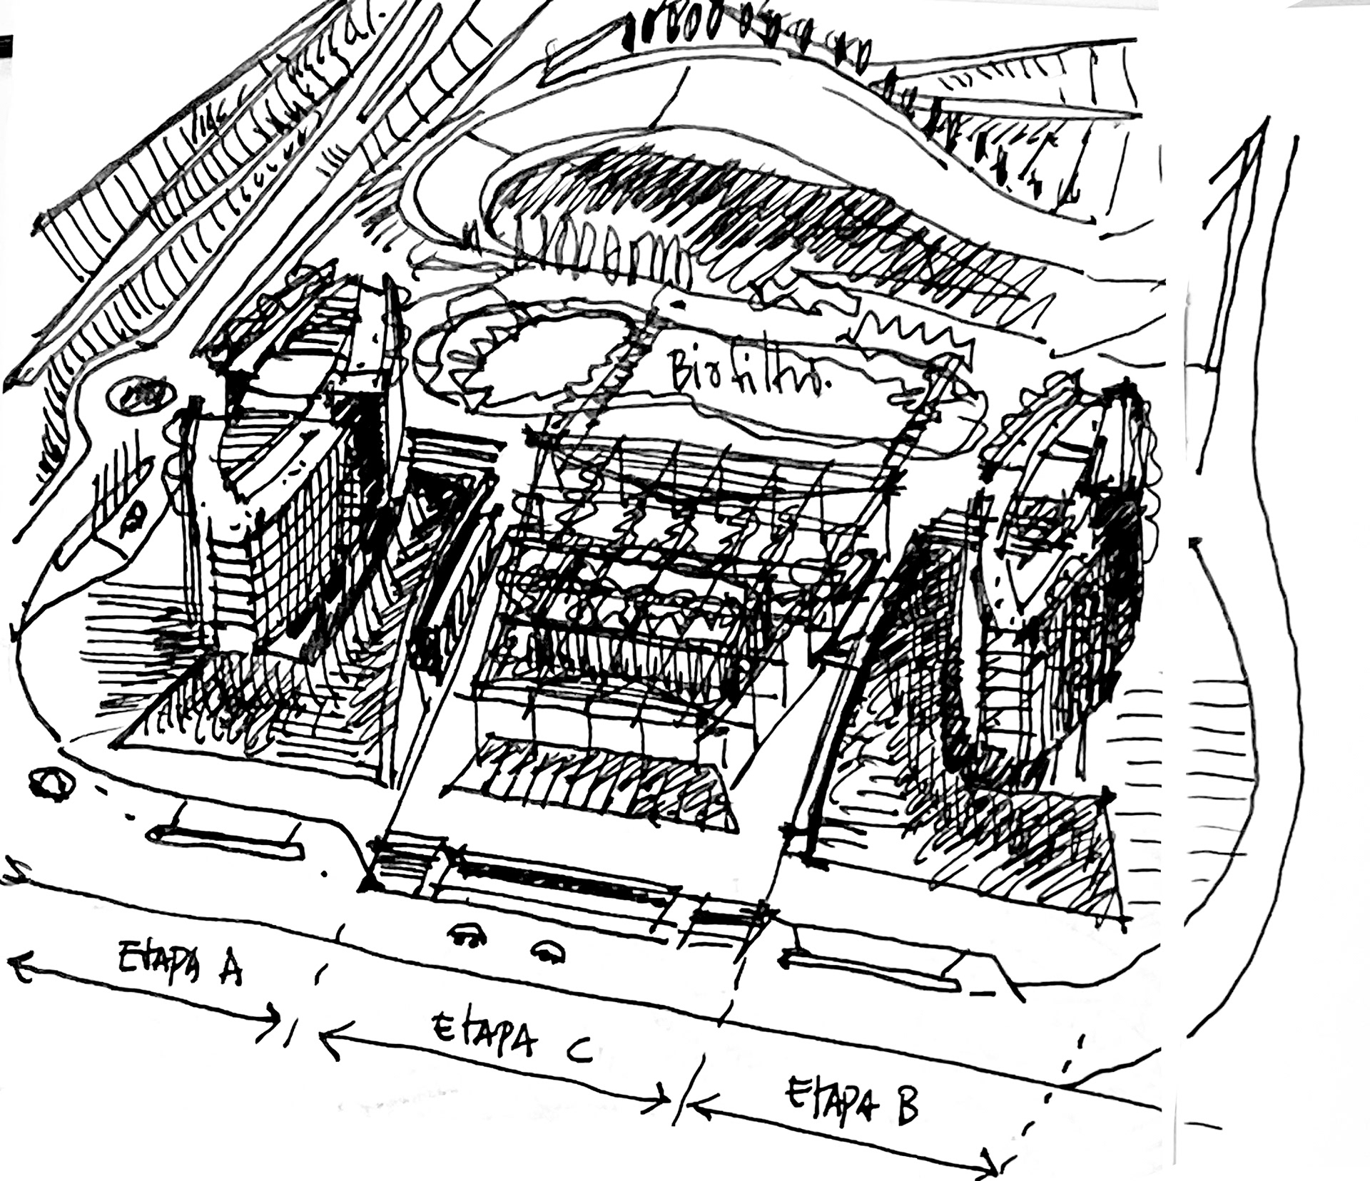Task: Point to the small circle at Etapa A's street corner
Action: (52, 784)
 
